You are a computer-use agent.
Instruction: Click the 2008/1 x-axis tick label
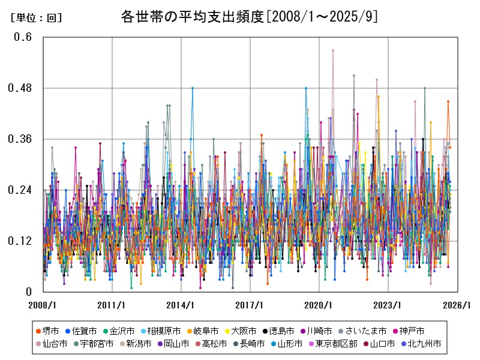43,305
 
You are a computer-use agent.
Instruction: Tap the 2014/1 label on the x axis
181,305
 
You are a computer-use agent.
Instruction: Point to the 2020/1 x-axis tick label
319,305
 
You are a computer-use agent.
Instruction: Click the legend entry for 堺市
51,331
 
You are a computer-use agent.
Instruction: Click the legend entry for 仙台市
51,344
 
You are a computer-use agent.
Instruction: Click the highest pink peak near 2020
333,50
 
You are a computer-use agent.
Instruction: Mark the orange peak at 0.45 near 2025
448,101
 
